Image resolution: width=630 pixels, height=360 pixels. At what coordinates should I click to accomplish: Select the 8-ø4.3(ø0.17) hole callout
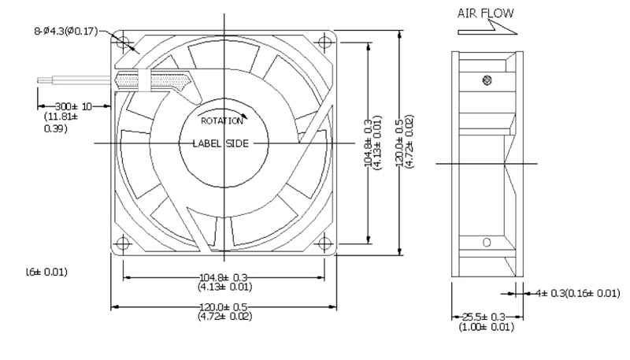[x=65, y=32]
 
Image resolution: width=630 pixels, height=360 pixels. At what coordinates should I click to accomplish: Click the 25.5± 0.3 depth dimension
[x=483, y=317]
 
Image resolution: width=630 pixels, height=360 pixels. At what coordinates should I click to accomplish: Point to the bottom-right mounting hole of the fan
[x=327, y=242]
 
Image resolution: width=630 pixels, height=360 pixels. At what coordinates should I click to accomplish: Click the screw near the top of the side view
[x=487, y=79]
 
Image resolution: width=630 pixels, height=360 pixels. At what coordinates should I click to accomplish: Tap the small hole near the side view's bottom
[x=487, y=241]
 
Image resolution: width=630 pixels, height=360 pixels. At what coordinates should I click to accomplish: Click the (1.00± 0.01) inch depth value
[x=483, y=326]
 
